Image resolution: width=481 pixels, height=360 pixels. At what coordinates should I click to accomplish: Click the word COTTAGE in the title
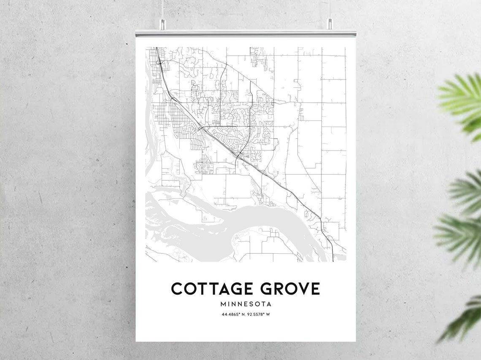(209, 289)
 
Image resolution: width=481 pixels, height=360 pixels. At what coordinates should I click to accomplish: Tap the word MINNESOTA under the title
(246, 304)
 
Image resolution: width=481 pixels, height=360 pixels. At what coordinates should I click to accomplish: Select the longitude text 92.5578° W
(259, 314)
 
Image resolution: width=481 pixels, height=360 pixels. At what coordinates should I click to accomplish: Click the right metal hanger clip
(329, 24)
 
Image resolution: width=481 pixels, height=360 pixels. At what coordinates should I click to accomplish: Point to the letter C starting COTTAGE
(177, 289)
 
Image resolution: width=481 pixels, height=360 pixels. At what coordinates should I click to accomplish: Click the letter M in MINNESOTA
(223, 304)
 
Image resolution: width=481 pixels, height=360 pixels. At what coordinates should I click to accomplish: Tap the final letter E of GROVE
(315, 289)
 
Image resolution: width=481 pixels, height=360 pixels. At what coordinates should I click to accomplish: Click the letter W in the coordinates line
(268, 314)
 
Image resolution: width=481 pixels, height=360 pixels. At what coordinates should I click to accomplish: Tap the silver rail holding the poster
(246, 33)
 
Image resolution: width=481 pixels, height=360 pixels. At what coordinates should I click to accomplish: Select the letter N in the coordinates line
(243, 314)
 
